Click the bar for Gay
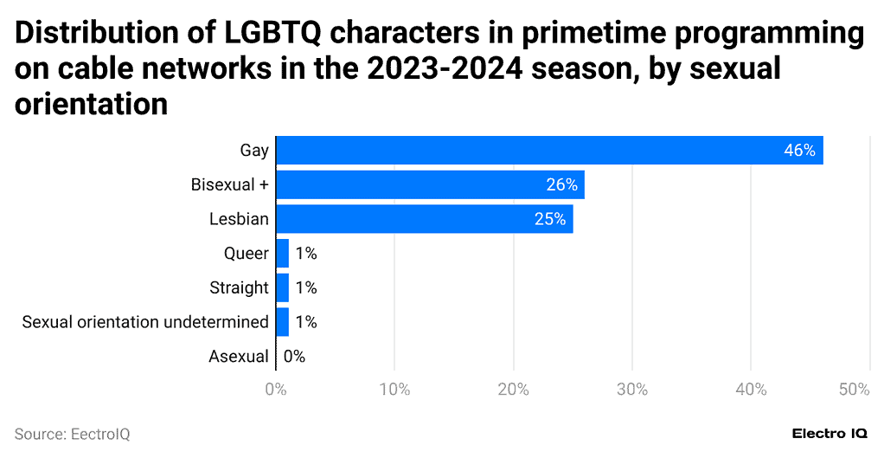(549, 150)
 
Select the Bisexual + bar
(430, 184)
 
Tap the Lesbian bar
(424, 219)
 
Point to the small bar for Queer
(282, 254)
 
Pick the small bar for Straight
(282, 287)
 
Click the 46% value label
(799, 151)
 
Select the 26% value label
(561, 185)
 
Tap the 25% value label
(550, 220)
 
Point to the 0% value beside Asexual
(294, 356)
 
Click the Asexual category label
(239, 356)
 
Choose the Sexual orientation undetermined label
(145, 322)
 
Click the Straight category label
(239, 287)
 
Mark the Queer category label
(246, 254)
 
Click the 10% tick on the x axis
(394, 390)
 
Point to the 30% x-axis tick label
(632, 390)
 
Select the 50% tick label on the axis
(853, 390)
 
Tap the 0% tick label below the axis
(275, 390)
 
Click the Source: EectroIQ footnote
(72, 434)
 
